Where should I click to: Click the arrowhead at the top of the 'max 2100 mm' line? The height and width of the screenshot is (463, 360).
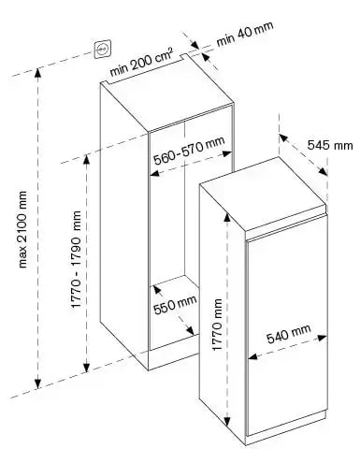38,77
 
